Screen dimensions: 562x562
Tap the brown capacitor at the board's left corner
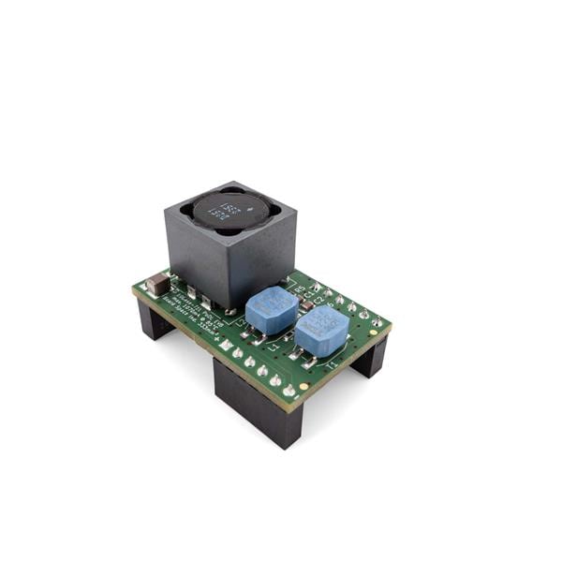point(157,282)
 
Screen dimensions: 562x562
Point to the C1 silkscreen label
point(308,295)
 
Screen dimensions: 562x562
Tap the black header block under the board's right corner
point(370,357)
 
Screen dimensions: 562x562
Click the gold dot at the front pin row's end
point(303,386)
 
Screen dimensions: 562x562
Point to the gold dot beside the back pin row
point(373,333)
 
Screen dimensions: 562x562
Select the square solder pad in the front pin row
point(227,344)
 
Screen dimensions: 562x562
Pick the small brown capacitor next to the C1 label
point(307,304)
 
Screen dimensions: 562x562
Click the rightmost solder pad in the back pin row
point(377,321)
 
